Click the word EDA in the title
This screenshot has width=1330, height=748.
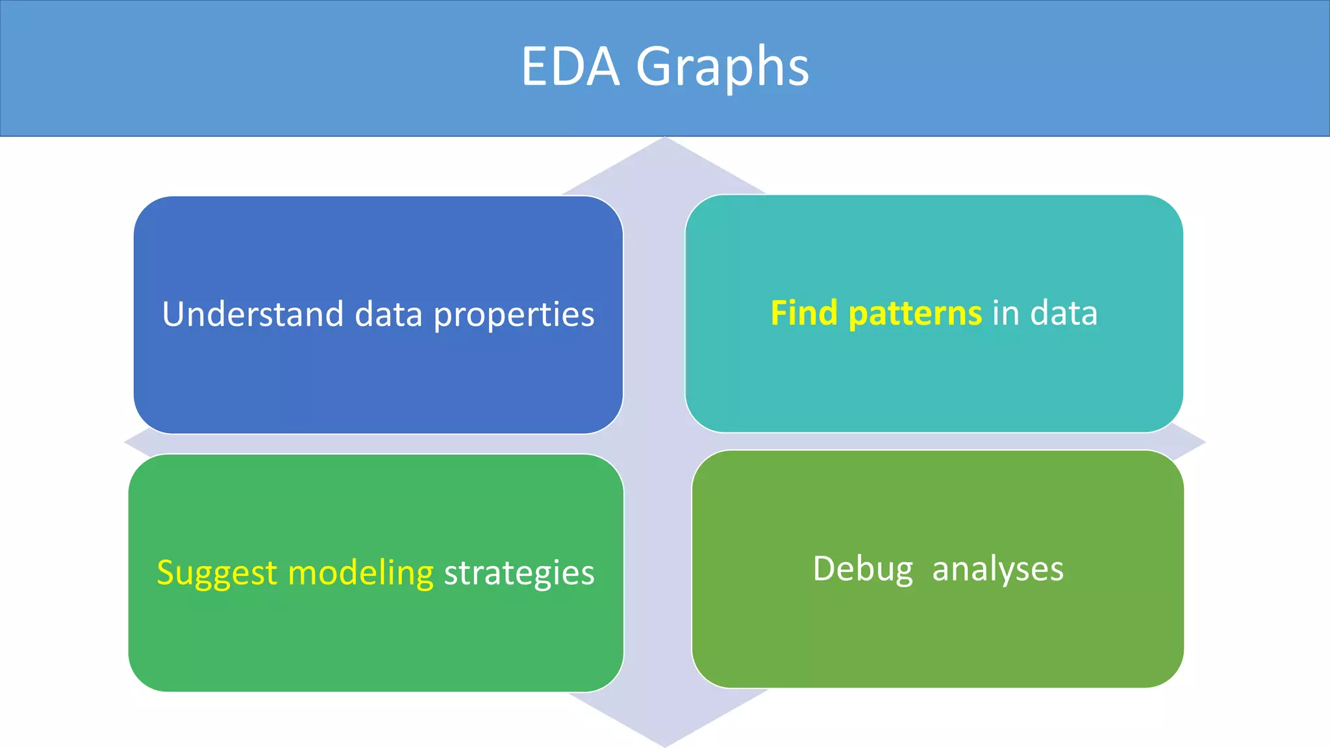pyautogui.click(x=570, y=66)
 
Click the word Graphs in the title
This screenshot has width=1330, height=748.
pyautogui.click(x=722, y=68)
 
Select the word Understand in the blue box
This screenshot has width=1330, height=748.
pyautogui.click(x=253, y=314)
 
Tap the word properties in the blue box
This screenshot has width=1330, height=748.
pyautogui.click(x=514, y=316)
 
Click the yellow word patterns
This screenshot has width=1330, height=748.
pyautogui.click(x=915, y=314)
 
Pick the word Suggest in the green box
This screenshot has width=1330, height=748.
pyautogui.click(x=217, y=573)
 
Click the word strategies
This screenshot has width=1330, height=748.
pyautogui.click(x=519, y=573)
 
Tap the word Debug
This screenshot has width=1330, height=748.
pyautogui.click(x=862, y=569)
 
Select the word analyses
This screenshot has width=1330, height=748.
pyautogui.click(x=997, y=569)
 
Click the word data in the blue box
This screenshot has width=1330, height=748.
pyautogui.click(x=388, y=314)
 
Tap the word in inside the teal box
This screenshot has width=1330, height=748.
pyautogui.click(x=1006, y=313)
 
